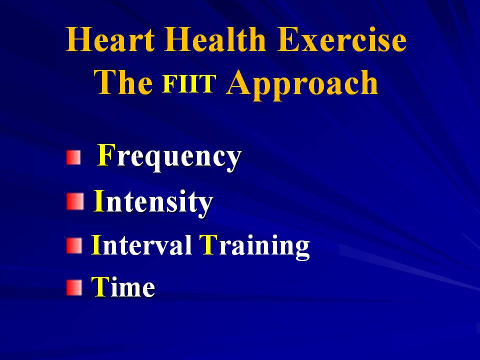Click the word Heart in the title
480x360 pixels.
pos(110,39)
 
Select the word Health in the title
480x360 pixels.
pos(214,39)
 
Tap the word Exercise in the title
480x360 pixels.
pos(341,39)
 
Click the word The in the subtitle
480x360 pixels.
pos(123,81)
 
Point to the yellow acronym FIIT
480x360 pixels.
pos(189,83)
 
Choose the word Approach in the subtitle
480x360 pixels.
pos(302,85)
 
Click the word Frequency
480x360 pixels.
pos(169,157)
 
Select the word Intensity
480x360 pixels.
pos(153,202)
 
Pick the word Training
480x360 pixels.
pos(254,246)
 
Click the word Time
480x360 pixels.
pos(123,286)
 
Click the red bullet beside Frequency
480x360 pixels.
pos(73,157)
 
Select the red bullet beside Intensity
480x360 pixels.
pos(75,201)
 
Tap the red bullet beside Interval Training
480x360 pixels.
pos(74,246)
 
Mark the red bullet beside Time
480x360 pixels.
pos(74,288)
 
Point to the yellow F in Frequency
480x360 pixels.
pos(106,155)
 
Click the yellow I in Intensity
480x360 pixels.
pos(99,200)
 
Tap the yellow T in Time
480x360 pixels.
pos(100,286)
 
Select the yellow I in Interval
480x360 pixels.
pos(96,244)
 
